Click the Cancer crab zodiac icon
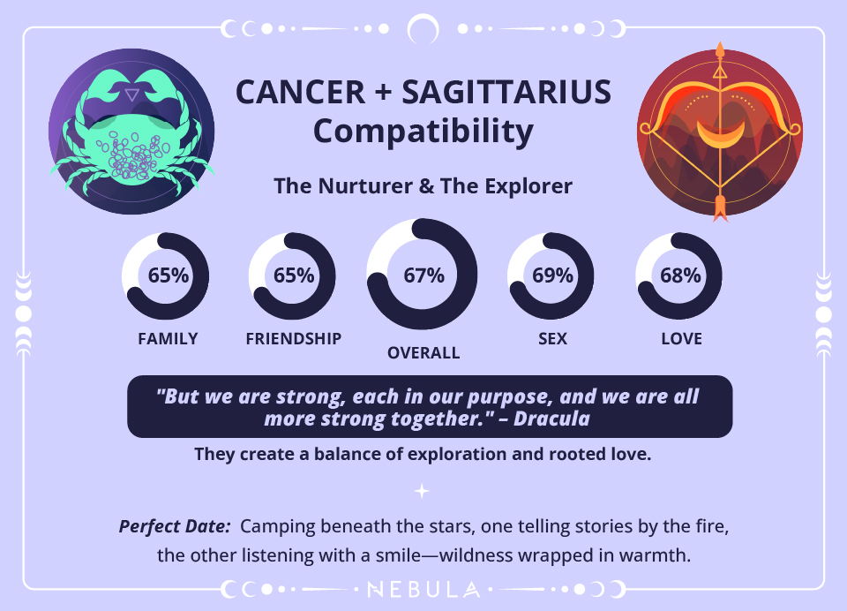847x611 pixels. (131, 132)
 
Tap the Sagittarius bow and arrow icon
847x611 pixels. (719, 132)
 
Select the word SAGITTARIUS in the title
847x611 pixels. (504, 93)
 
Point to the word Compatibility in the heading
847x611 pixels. (423, 132)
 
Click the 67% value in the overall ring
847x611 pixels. (423, 275)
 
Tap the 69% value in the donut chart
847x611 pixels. (552, 275)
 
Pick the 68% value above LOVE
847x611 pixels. (680, 275)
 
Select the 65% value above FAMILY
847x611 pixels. (168, 275)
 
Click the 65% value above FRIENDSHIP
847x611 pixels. (294, 275)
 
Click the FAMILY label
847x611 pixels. (168, 339)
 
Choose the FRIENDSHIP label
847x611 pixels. (294, 339)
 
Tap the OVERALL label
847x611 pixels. (423, 353)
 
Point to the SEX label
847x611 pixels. (552, 339)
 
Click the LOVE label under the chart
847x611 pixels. (681, 339)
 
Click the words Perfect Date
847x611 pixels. (175, 527)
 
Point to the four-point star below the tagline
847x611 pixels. (423, 491)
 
